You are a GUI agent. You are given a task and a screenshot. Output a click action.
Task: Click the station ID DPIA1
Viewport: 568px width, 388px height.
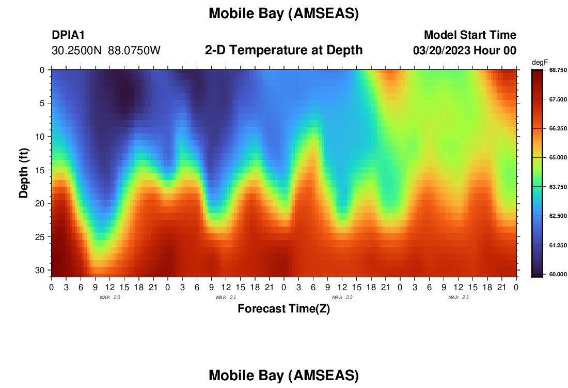pos(68,35)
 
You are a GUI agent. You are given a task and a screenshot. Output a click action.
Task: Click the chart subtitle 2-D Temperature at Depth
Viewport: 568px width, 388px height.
pos(283,50)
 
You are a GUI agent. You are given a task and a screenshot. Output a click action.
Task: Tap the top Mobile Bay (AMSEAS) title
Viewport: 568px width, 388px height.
pos(283,13)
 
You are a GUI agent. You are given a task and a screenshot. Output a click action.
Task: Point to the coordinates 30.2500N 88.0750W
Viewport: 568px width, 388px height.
pos(106,51)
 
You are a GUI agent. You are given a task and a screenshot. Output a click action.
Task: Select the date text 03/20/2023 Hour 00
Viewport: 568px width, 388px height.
pos(465,51)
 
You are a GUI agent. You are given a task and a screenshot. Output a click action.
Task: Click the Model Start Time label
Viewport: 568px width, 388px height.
pos(470,35)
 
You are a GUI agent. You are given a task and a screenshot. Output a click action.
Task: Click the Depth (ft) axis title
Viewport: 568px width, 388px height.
pos(24,173)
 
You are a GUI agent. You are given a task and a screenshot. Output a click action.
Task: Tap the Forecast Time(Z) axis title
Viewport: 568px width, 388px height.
pos(283,308)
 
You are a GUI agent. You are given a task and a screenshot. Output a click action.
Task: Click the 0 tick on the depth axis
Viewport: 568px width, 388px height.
pos(42,70)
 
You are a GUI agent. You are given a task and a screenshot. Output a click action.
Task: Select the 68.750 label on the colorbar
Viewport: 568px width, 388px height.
pos(558,70)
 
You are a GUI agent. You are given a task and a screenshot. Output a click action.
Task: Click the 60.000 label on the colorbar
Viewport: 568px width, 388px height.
pos(558,274)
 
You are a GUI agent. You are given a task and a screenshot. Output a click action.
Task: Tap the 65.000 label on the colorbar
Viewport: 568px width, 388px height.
pos(558,157)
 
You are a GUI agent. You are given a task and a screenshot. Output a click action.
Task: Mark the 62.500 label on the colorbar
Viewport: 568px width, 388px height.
pos(558,216)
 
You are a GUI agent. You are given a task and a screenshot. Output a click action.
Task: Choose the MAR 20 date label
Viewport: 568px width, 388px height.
pos(110,297)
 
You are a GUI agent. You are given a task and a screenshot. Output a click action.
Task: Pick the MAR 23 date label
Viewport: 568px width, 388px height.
pos(458,297)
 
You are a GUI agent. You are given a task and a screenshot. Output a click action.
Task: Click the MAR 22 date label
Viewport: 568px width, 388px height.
pos(342,297)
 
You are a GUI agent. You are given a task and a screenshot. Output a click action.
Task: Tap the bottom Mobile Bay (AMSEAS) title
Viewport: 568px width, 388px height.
pos(283,375)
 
